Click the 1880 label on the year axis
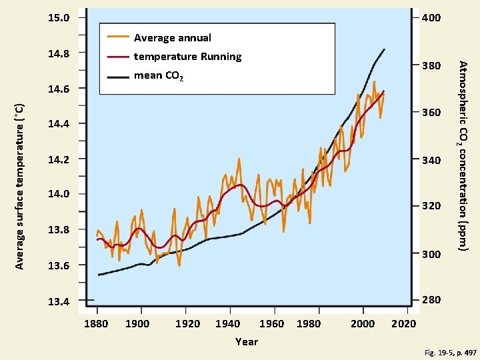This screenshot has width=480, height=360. click(x=97, y=324)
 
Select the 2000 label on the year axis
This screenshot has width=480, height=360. click(x=363, y=324)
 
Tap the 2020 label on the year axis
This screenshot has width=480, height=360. click(x=404, y=324)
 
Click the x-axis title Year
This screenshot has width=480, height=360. click(x=247, y=341)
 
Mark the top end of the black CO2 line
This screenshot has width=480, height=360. click(x=385, y=49)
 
